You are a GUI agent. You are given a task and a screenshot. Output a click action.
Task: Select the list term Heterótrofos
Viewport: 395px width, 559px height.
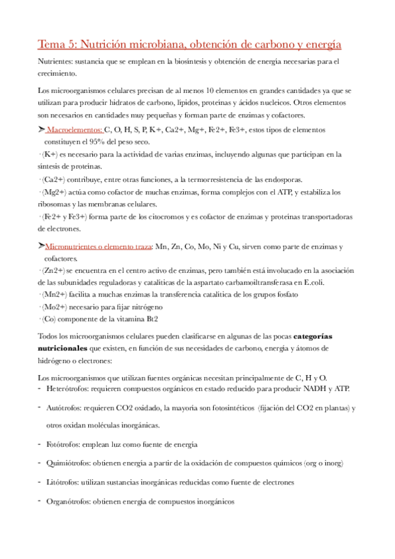click(69, 388)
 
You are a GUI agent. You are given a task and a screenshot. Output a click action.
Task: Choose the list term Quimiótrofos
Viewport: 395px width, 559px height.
click(70, 463)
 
